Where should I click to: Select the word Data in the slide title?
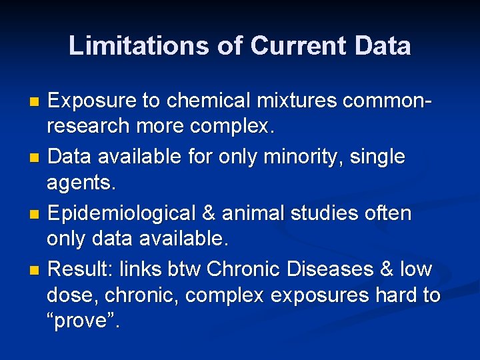pyautogui.click(x=383, y=45)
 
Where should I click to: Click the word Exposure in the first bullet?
pyautogui.click(x=93, y=101)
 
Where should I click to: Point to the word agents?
pyautogui.click(x=78, y=181)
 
